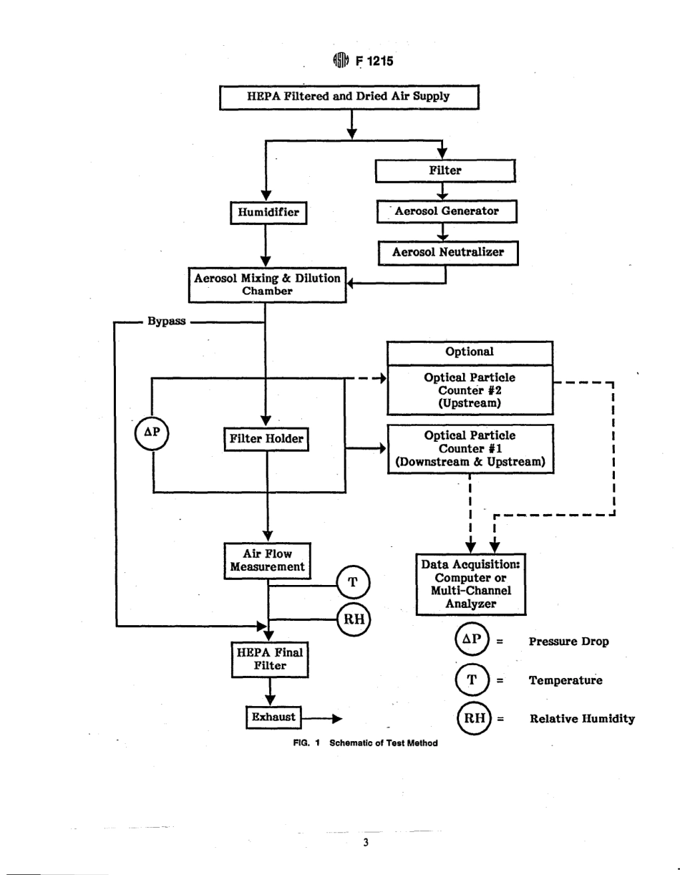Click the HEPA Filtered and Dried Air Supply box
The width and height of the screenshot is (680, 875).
click(348, 97)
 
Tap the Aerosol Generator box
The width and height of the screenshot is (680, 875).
click(446, 212)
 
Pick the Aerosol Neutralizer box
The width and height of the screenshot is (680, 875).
click(447, 252)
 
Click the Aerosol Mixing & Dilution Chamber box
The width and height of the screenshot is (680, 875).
click(266, 285)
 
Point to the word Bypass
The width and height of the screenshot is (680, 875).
click(166, 322)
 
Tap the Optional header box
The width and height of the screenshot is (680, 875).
click(470, 352)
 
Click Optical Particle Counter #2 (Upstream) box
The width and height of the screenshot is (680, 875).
click(470, 390)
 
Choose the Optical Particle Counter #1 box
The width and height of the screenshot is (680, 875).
click(470, 448)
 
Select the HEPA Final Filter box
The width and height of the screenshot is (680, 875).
click(270, 659)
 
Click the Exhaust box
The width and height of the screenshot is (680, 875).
click(273, 717)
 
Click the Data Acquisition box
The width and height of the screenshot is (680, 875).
click(472, 584)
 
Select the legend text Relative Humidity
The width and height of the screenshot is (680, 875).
click(582, 718)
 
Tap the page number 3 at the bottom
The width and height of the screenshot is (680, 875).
click(365, 843)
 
